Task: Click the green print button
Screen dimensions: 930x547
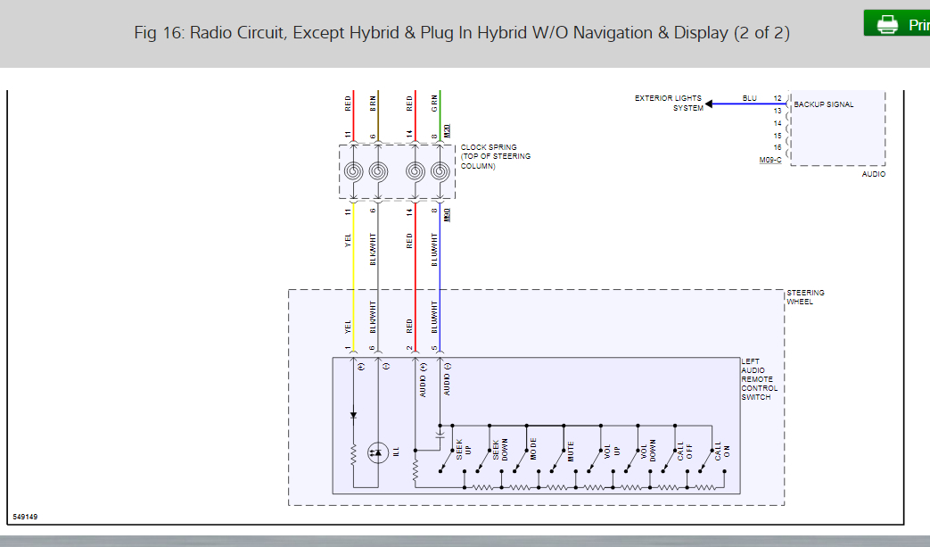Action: [x=897, y=24]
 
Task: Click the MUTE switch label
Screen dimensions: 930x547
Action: [x=571, y=451]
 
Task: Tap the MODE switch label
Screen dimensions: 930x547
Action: [x=533, y=450]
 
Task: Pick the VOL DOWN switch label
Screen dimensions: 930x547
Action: [x=647, y=450]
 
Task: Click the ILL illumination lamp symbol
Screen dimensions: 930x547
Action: [x=377, y=453]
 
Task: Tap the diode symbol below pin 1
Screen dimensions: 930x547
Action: [x=353, y=415]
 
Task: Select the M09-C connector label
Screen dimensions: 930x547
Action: [x=770, y=160]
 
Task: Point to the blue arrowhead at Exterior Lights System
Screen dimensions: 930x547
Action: [x=711, y=104]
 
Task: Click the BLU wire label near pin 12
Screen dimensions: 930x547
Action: [x=750, y=98]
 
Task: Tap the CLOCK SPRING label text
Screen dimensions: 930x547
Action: [x=489, y=147]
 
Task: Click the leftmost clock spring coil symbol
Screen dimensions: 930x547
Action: [x=354, y=171]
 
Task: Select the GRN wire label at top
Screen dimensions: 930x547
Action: [x=434, y=102]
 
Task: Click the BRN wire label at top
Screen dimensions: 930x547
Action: [x=374, y=102]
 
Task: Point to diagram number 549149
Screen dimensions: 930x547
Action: [x=27, y=517]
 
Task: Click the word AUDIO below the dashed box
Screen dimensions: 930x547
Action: [x=874, y=174]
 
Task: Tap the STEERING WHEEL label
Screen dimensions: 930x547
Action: [x=805, y=297]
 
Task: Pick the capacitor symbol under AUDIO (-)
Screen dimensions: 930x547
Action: [x=439, y=435]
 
